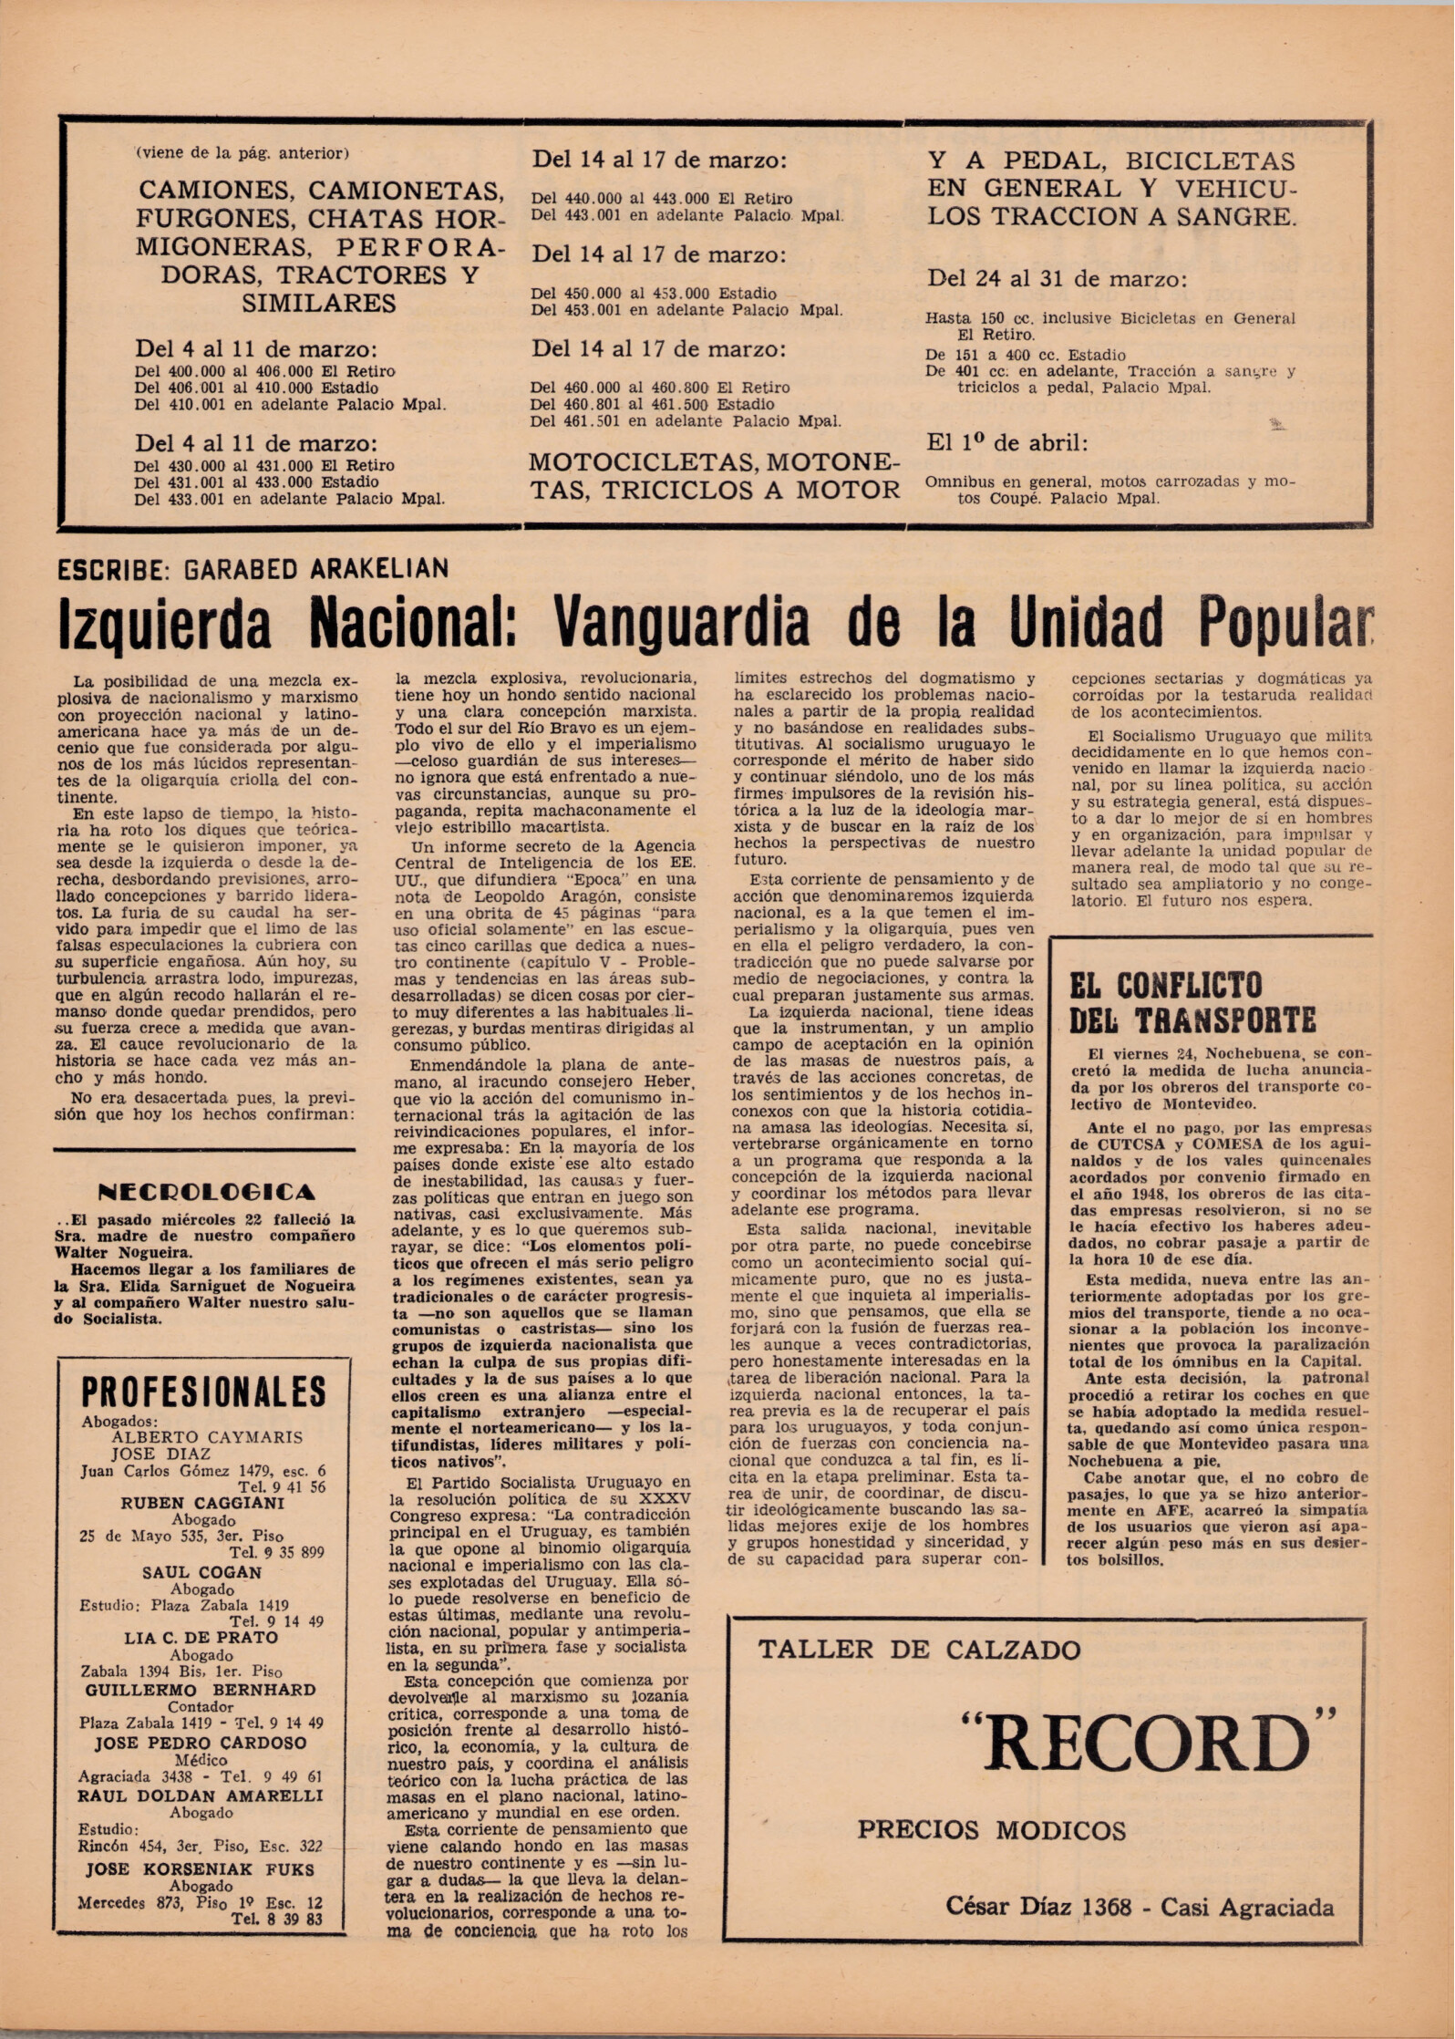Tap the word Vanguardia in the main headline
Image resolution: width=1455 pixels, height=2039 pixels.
tap(682, 622)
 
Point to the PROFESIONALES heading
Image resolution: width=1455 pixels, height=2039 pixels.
tap(203, 1392)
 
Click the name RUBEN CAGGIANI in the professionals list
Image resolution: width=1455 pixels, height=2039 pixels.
tap(202, 1503)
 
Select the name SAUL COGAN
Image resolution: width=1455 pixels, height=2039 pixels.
tap(201, 1572)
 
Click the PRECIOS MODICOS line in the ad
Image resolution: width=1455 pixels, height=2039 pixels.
tap(991, 1829)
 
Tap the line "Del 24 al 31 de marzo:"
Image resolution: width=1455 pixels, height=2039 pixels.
tap(1057, 279)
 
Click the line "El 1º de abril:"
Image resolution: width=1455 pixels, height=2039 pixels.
tap(1006, 443)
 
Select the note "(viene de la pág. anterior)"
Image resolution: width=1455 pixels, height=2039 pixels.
tap(242, 153)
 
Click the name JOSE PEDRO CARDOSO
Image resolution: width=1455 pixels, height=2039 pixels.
tap(201, 1743)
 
